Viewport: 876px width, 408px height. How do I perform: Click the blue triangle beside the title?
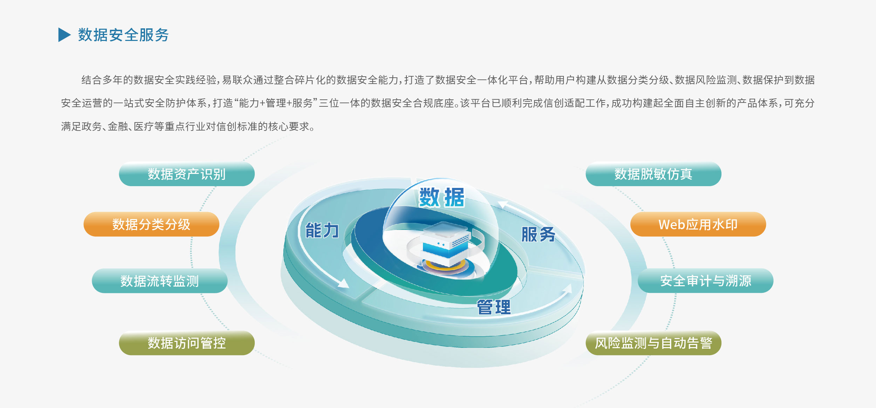[64, 35]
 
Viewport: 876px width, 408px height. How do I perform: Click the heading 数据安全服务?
[123, 35]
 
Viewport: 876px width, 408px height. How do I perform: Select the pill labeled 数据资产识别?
[187, 174]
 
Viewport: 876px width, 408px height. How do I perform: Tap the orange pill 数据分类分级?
[151, 224]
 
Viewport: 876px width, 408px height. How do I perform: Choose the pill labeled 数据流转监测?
[160, 281]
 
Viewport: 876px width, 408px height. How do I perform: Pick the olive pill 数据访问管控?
[187, 343]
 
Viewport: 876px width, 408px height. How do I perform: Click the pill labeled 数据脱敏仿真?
[653, 174]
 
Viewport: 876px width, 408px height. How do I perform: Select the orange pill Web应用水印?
[698, 224]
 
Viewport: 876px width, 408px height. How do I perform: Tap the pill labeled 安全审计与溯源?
[706, 281]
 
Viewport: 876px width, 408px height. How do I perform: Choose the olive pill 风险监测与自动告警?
[653, 343]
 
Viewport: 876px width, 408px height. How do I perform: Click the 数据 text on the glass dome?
[442, 197]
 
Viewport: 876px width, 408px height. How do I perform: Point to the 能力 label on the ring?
[322, 230]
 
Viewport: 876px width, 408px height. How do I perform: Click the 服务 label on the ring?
[538, 234]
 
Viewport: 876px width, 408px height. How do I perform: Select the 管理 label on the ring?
[494, 307]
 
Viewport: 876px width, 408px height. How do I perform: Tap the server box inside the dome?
[445, 244]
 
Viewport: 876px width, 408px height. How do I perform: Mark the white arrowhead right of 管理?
[567, 289]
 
